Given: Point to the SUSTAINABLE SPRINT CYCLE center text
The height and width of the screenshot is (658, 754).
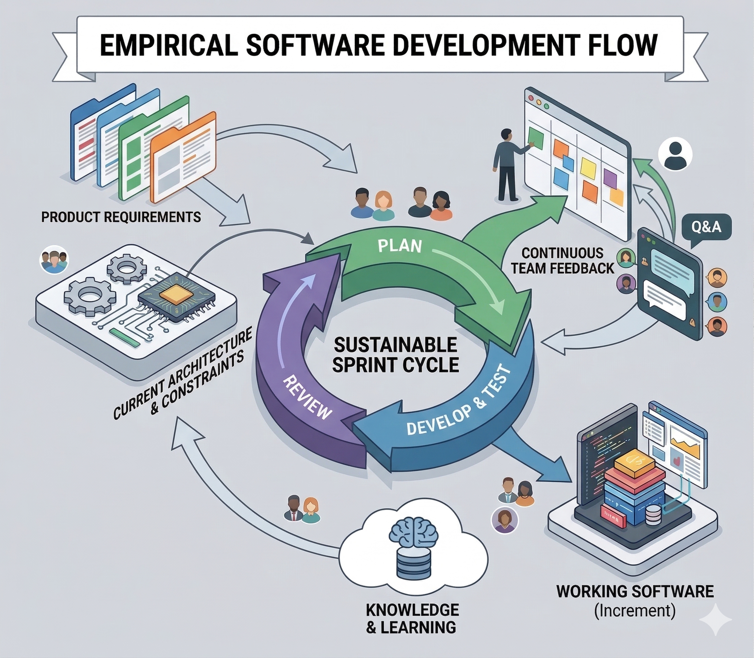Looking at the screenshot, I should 395,355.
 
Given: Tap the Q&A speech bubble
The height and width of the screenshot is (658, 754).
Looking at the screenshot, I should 706,227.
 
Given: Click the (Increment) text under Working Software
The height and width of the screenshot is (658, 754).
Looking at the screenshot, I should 634,610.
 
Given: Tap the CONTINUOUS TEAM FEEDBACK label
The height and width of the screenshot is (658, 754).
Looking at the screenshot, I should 563,260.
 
